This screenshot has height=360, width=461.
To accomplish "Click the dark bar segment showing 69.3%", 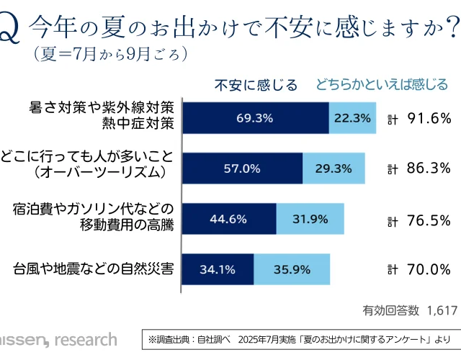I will click(x=255, y=117).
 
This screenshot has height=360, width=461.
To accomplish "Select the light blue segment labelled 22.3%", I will click(x=352, y=117).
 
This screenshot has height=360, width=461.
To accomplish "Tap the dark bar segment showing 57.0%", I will click(x=241, y=168).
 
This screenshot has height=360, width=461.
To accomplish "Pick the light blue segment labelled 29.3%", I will click(x=334, y=168).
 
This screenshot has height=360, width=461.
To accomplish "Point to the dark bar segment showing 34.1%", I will click(x=217, y=270).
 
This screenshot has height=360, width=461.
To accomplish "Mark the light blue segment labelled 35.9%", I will click(x=292, y=270).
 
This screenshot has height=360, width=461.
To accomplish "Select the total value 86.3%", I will click(x=429, y=169).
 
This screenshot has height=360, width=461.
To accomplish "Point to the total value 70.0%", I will click(x=429, y=270).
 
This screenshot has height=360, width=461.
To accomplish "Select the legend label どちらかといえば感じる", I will click(x=381, y=85).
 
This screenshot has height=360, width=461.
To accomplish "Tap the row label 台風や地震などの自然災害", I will click(x=93, y=270).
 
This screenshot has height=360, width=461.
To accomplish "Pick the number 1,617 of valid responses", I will click(x=442, y=310).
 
